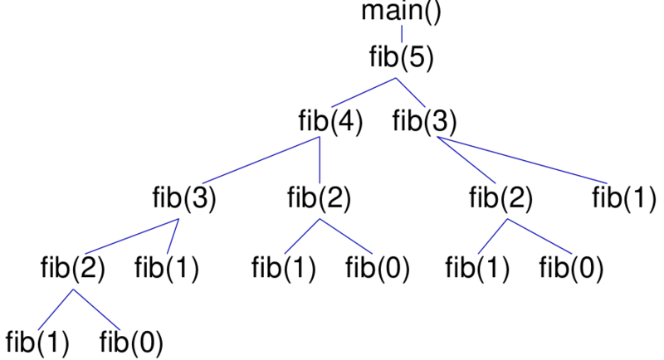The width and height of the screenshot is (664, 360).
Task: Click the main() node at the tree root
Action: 403,12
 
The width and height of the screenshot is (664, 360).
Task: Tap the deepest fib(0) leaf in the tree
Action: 131,341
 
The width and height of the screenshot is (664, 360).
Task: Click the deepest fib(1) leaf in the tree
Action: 37,341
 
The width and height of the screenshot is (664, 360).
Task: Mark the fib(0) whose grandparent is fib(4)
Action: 378,270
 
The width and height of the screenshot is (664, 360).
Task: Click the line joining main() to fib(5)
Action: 403,34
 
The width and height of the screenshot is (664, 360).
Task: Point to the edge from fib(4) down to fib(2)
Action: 320,159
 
